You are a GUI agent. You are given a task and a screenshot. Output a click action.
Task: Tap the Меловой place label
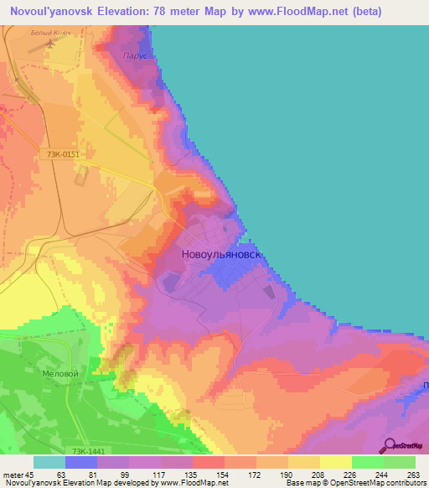tap(60, 374)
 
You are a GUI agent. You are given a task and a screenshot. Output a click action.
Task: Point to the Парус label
tap(134, 56)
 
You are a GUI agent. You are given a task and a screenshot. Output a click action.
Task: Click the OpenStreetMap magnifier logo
tap(390, 446)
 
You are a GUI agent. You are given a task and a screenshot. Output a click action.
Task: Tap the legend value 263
tap(414, 475)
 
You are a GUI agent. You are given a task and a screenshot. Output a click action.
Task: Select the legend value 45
tap(33, 475)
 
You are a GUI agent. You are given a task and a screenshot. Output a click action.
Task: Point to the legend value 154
tap(223, 475)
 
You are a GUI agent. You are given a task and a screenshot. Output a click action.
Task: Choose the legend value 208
tap(318, 475)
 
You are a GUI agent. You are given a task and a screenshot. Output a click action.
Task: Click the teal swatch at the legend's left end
tap(49, 462)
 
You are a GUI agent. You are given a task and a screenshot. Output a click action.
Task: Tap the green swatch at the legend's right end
tap(399, 462)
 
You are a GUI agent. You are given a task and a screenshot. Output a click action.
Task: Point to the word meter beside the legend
tap(13, 475)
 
